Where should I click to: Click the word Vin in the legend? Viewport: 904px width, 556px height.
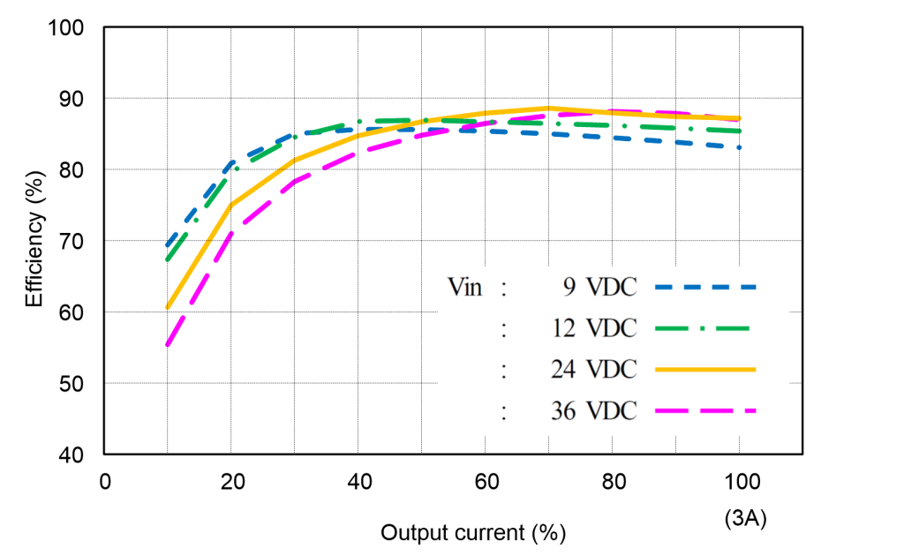click(465, 287)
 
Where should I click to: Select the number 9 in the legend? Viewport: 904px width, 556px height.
click(570, 287)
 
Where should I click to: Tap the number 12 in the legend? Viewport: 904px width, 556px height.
click(563, 328)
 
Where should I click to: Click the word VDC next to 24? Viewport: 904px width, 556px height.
click(612, 369)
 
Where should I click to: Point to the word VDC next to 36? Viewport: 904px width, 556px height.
click(612, 410)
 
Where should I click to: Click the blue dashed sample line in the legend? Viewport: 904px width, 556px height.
click(706, 287)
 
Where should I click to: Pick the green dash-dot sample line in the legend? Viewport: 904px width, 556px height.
click(704, 328)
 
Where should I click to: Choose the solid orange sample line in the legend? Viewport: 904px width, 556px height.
click(706, 370)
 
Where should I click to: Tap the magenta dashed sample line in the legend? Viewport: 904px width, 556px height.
click(706, 410)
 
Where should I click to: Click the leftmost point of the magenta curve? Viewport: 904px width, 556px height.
click(167, 345)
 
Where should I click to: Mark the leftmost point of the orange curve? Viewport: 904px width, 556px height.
click(167, 307)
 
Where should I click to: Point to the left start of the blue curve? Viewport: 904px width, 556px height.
click(167, 244)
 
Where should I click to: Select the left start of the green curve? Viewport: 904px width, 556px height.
click(167, 259)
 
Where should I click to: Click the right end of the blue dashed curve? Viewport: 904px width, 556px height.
click(740, 147)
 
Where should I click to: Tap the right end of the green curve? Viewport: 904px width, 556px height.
click(740, 131)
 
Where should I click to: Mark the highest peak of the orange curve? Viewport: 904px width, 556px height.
click(548, 109)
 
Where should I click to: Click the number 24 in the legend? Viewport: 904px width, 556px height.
click(563, 369)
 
